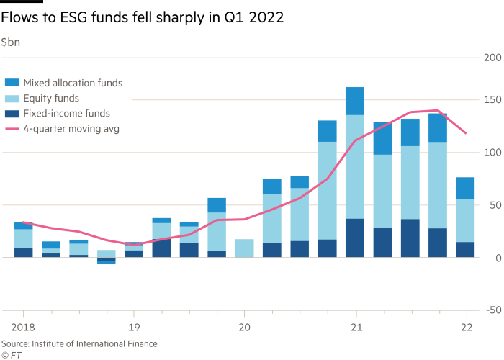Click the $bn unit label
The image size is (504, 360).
pos(12,42)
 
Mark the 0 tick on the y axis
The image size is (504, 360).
pos(497,258)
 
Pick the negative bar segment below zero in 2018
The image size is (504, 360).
pos(107,261)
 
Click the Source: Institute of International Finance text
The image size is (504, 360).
pos(79,344)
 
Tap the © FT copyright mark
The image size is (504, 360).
pos(10,354)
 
